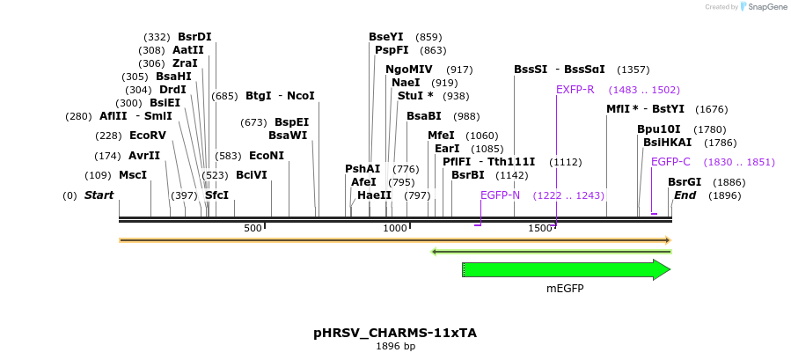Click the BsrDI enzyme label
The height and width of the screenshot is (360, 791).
[194, 37]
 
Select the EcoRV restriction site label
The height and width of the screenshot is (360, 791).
[147, 136]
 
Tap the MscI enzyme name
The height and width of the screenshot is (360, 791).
[133, 175]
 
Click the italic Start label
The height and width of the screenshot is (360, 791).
[99, 195]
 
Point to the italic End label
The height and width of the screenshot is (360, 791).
[685, 195]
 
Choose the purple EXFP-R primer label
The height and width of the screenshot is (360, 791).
[575, 90]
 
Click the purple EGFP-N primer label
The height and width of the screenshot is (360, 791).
[500, 195]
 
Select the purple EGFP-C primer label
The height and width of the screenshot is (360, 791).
[670, 162]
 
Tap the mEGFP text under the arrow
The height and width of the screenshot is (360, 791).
[565, 289]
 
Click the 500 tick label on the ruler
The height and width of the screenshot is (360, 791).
[253, 229]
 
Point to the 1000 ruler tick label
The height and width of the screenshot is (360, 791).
[395, 229]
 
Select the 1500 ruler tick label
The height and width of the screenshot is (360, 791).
[539, 229]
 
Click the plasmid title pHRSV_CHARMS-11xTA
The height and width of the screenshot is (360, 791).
[395, 333]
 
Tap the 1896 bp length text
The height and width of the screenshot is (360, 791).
[395, 347]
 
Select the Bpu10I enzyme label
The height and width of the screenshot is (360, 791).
[658, 129]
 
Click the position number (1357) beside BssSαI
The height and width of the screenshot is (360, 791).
[633, 70]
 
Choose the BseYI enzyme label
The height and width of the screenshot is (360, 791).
[385, 37]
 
